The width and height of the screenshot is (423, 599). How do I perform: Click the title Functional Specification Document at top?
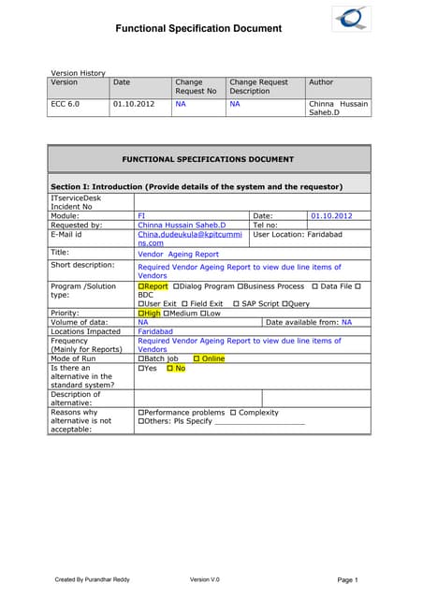tap(197, 29)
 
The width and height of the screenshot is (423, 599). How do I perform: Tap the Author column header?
tap(321, 82)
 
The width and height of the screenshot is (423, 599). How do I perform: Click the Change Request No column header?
tap(196, 87)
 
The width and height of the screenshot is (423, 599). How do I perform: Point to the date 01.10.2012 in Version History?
tap(133, 104)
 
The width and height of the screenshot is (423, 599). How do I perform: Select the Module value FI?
tap(142, 215)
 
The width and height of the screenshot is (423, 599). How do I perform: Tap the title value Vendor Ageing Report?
tap(178, 254)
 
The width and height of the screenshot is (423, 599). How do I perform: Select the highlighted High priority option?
tap(150, 313)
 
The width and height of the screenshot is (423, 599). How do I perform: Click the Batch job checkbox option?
tap(158, 358)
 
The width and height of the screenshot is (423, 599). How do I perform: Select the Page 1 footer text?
tap(347, 580)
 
